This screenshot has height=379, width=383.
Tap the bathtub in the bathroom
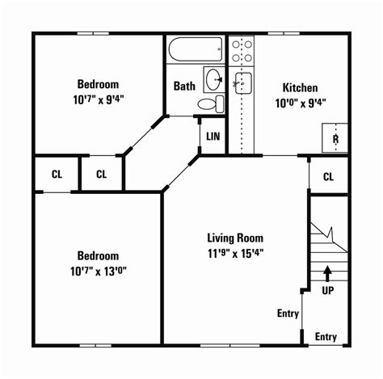click(x=196, y=51)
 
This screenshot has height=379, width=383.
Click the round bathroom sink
click(x=213, y=79)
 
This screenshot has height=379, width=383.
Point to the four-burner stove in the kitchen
click(x=242, y=51)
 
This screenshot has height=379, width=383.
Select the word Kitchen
click(x=300, y=88)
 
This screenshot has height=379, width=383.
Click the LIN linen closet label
click(x=213, y=137)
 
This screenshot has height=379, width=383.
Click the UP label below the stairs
click(x=328, y=289)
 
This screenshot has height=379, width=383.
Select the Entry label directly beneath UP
click(x=326, y=337)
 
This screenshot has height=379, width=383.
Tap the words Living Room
click(x=235, y=238)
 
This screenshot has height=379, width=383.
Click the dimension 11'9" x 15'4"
click(x=235, y=252)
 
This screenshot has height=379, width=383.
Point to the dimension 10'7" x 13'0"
click(x=98, y=269)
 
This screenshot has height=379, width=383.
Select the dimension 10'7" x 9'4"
click(x=98, y=99)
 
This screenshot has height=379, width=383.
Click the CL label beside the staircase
click(x=329, y=176)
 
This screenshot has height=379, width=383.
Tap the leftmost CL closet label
click(x=57, y=174)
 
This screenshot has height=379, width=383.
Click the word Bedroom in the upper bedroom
click(x=98, y=84)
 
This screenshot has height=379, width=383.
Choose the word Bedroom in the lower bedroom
click(x=98, y=255)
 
